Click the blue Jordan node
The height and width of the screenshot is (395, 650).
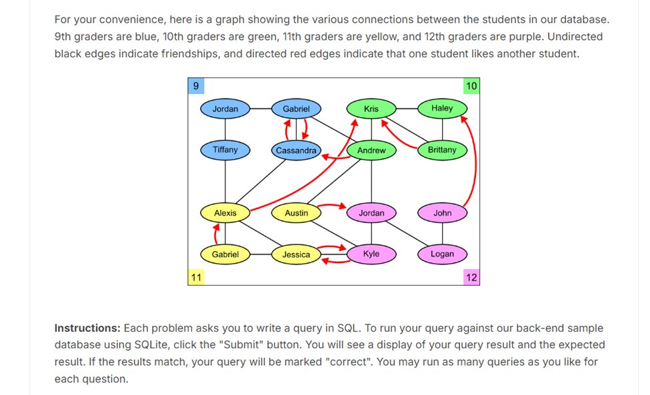click(225, 109)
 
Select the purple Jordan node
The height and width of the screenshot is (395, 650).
click(371, 213)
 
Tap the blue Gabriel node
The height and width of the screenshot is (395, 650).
click(296, 109)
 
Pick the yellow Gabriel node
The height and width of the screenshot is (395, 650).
click(225, 254)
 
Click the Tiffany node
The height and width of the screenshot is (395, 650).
click(225, 150)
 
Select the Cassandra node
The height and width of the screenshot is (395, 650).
click(296, 151)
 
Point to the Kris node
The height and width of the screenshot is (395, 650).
click(371, 109)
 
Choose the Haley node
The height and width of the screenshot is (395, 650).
click(442, 108)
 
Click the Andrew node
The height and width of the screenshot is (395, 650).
click(371, 151)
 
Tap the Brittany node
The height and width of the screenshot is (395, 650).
click(442, 151)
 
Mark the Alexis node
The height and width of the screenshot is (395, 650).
click(225, 213)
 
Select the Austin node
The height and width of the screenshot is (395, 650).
click(296, 213)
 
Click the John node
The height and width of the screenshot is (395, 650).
click(442, 213)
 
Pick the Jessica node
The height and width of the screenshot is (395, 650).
click(296, 254)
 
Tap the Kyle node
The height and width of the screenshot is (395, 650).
click(371, 254)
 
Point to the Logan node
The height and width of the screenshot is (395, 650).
click(442, 254)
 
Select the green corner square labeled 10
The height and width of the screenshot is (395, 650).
click(471, 86)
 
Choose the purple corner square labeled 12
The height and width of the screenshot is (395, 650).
click(471, 278)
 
